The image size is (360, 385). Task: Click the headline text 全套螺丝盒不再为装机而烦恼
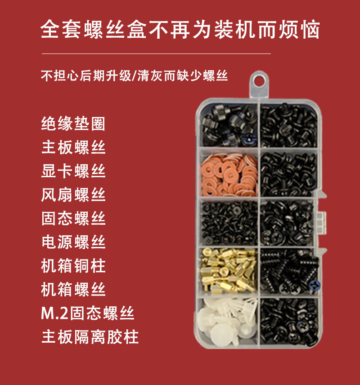pyautogui.click(x=180, y=30)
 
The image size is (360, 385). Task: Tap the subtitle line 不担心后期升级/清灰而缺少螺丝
pyautogui.click(x=135, y=76)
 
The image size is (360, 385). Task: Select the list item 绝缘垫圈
pyautogui.click(x=73, y=124)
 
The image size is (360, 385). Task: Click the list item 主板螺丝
pyautogui.click(x=73, y=148)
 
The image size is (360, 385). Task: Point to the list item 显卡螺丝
pyautogui.click(x=73, y=171)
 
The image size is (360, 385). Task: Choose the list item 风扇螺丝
pyautogui.click(x=73, y=195)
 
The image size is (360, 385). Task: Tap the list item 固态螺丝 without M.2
pyautogui.click(x=73, y=218)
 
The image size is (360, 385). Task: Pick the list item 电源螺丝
pyautogui.click(x=73, y=242)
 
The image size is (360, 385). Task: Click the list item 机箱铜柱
pyautogui.click(x=73, y=266)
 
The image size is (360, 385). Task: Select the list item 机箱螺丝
pyautogui.click(x=73, y=289)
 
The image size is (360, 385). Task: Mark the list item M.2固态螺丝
pyautogui.click(x=88, y=313)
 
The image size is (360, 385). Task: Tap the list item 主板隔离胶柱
pyautogui.click(x=90, y=336)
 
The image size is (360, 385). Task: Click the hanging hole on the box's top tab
pyautogui.click(x=258, y=81)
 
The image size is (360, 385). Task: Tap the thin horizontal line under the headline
pyautogui.click(x=156, y=54)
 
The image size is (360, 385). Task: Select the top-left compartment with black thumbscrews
pyautogui.click(x=229, y=125)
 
